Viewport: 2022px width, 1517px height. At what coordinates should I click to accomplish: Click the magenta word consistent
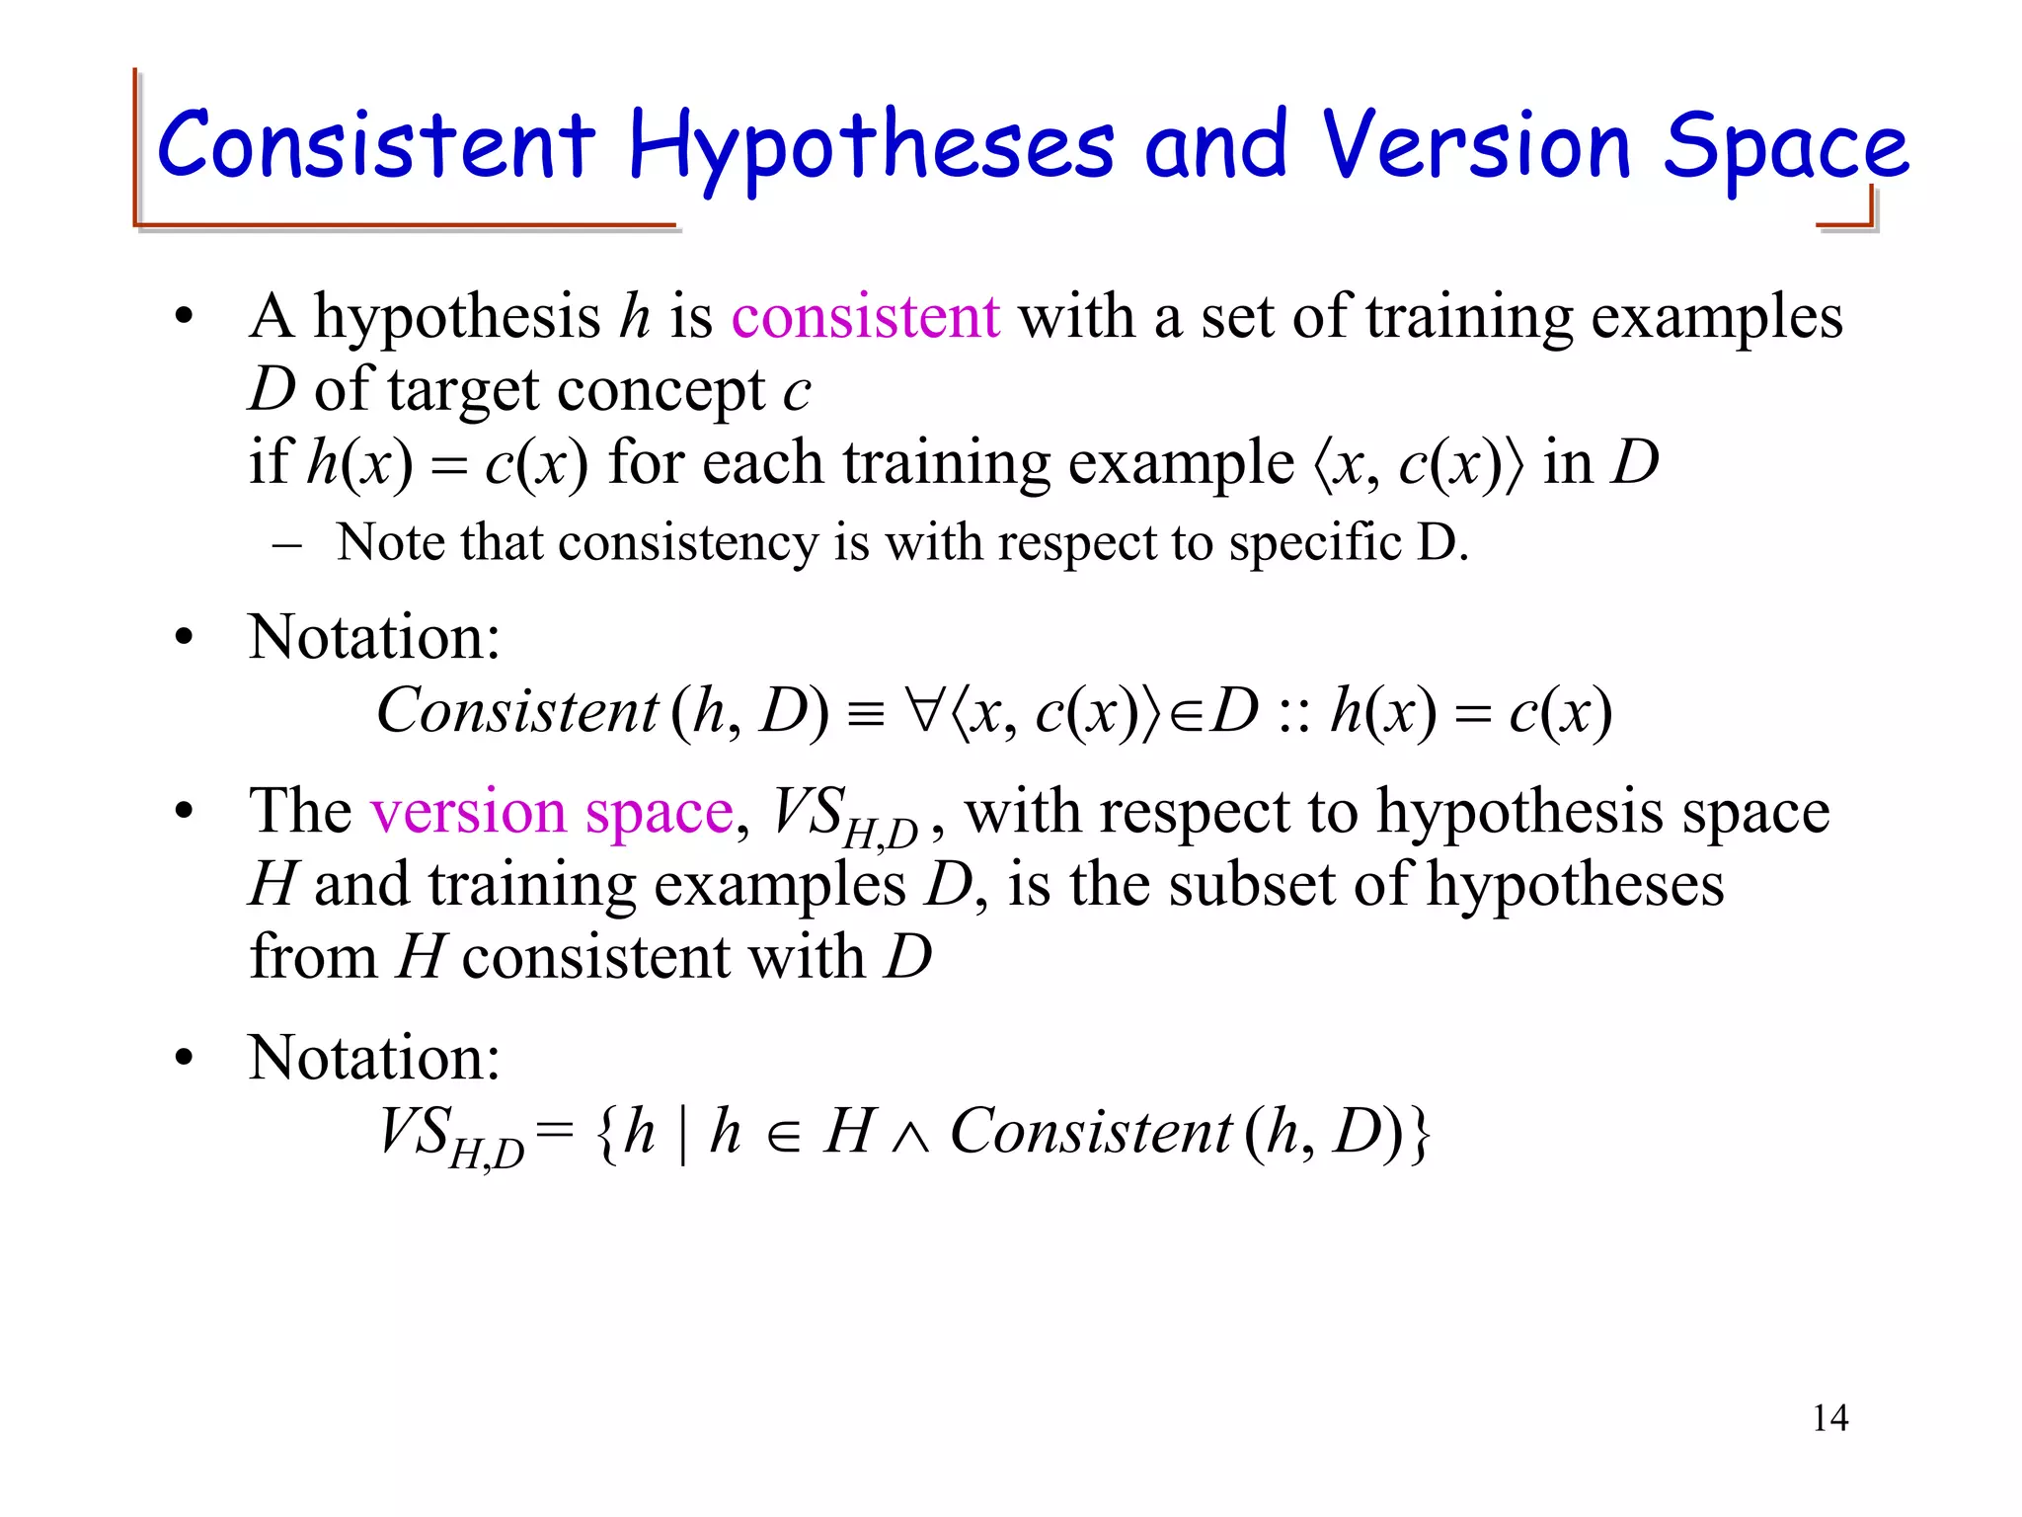[865, 317]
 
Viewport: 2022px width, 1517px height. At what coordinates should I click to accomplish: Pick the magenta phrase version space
[552, 812]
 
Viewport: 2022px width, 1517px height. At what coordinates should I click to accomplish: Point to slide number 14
[1829, 1418]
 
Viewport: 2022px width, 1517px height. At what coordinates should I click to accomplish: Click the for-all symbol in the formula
[926, 711]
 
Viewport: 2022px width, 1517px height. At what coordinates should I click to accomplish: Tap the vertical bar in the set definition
[683, 1133]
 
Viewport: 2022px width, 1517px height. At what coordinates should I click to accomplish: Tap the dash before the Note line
[286, 544]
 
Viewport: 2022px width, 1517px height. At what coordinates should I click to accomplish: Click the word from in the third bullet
[314, 956]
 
